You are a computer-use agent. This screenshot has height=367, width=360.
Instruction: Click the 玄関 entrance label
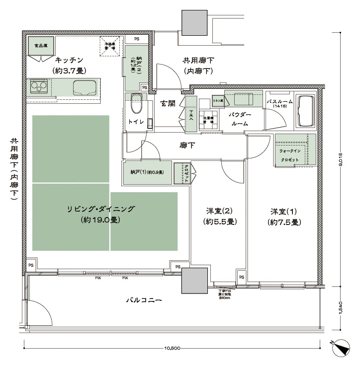[x=168, y=104]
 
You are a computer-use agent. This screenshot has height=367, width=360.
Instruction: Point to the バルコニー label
[x=145, y=300]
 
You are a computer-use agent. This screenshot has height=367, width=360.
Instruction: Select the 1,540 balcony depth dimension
[x=341, y=309]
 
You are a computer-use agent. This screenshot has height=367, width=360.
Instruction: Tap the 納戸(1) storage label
[x=147, y=172]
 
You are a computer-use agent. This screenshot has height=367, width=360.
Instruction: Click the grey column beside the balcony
[x=194, y=281]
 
